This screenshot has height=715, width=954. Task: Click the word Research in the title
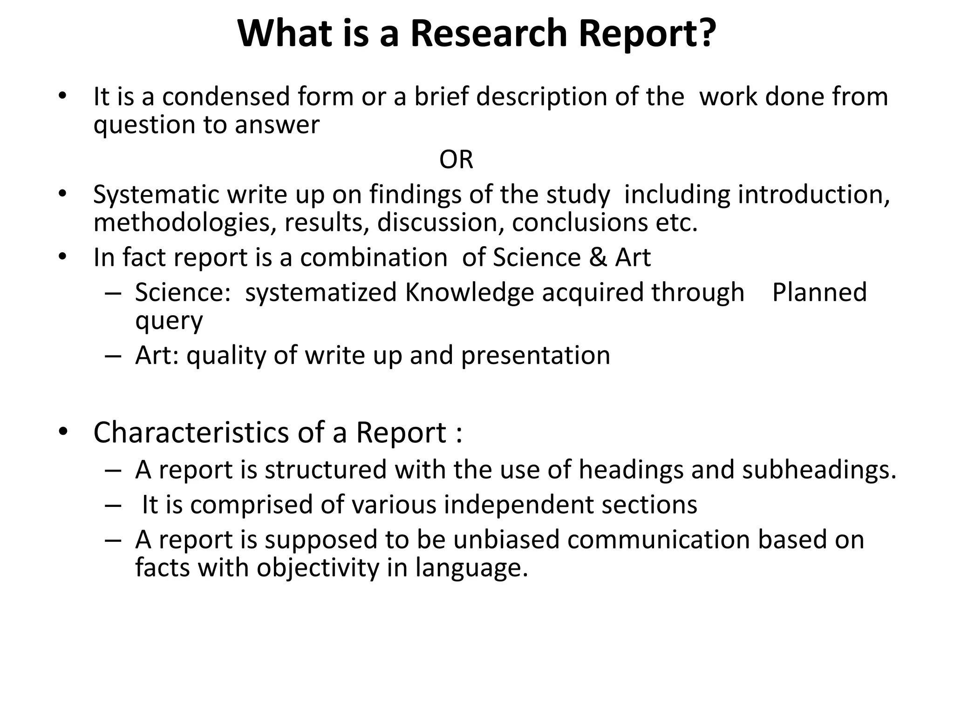(x=489, y=34)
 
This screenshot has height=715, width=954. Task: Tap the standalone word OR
(x=456, y=160)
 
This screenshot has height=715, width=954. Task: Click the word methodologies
(x=182, y=223)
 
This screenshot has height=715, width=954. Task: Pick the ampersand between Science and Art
(x=598, y=257)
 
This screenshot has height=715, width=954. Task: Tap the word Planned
(x=819, y=292)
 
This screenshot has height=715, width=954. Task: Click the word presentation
(x=536, y=356)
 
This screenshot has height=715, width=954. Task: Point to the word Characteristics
(x=191, y=432)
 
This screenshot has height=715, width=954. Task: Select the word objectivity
(x=318, y=568)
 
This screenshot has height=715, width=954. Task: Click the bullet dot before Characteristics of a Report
(x=63, y=432)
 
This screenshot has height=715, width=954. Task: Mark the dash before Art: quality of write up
(x=113, y=356)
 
